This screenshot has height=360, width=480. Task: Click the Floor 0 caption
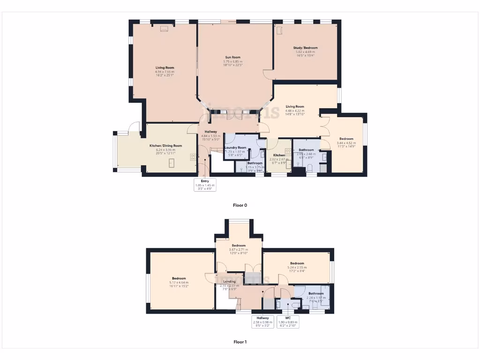240,205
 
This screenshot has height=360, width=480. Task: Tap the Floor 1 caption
240,342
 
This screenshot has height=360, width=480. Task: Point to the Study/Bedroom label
305,48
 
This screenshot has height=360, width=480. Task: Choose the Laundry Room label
235,148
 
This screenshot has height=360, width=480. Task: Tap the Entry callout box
205,185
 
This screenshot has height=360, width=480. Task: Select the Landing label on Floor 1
229,282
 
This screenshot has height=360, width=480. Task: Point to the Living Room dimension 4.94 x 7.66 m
165,72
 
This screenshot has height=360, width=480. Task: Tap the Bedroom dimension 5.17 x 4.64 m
179,283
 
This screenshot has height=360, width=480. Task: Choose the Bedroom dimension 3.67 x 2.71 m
238,249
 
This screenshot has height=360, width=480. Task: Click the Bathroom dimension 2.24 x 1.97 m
316,298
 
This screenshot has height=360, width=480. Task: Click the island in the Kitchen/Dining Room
172,163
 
